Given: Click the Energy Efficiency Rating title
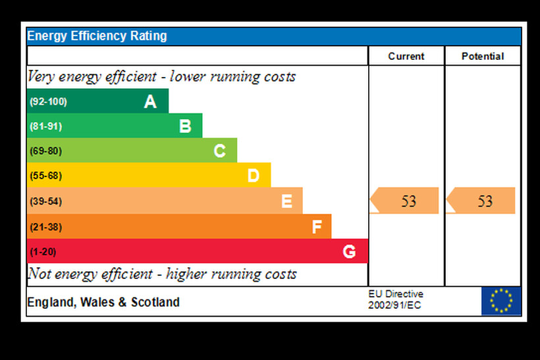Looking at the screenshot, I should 97,36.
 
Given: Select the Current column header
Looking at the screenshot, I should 406,57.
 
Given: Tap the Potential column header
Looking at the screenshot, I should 483,57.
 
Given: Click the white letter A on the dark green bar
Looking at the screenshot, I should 150,101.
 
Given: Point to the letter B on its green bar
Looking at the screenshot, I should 185,126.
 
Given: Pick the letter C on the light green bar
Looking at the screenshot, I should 220,151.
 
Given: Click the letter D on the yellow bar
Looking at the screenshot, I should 254,176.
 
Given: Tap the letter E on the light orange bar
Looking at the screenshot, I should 286,201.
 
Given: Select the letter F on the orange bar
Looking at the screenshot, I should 317,227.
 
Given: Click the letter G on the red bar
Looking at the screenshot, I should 349,251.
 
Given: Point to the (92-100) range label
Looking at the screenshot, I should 48,102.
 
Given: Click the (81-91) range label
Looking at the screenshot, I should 45,126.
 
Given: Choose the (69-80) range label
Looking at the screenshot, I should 45,151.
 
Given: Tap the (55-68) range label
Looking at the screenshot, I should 45,176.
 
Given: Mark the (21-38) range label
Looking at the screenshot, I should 45,227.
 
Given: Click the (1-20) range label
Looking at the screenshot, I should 43,252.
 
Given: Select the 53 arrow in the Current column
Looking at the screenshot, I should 405,201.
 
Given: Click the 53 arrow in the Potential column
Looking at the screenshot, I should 481,201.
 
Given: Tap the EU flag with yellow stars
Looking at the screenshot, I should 501,301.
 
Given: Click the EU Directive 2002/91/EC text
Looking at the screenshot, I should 396,299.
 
